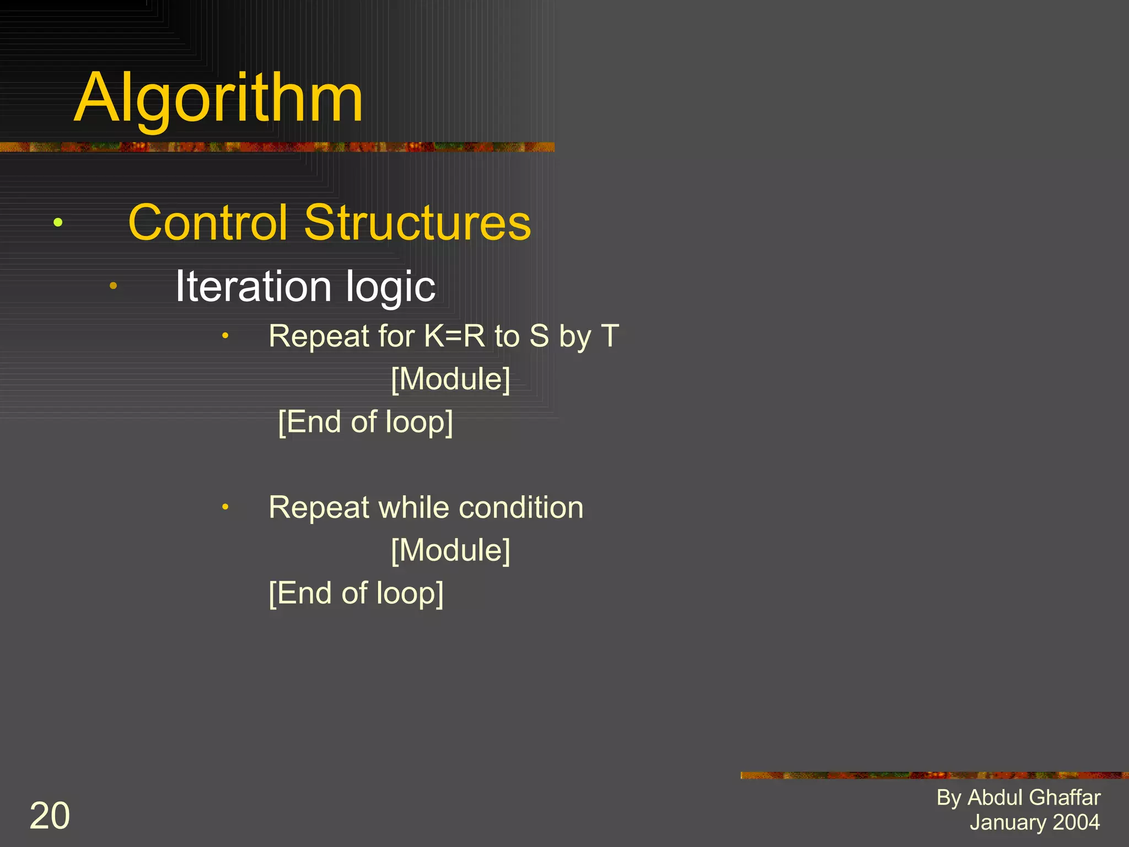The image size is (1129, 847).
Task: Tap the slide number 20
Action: pyautogui.click(x=50, y=816)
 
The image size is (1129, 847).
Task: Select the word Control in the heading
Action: pyautogui.click(x=207, y=223)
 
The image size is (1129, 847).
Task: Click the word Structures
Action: pyautogui.click(x=417, y=223)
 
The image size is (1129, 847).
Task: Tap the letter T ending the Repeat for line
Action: pyautogui.click(x=610, y=336)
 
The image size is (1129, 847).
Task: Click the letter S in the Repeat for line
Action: pyautogui.click(x=539, y=336)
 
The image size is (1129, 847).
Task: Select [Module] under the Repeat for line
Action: pyautogui.click(x=450, y=379)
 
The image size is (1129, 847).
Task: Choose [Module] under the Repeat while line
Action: pyautogui.click(x=450, y=550)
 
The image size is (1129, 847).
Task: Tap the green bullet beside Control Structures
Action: pyautogui.click(x=58, y=223)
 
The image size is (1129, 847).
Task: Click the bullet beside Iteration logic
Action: pyautogui.click(x=113, y=286)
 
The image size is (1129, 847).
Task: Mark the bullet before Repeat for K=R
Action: pyautogui.click(x=225, y=335)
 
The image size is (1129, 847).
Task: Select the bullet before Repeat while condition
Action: pyautogui.click(x=225, y=507)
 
